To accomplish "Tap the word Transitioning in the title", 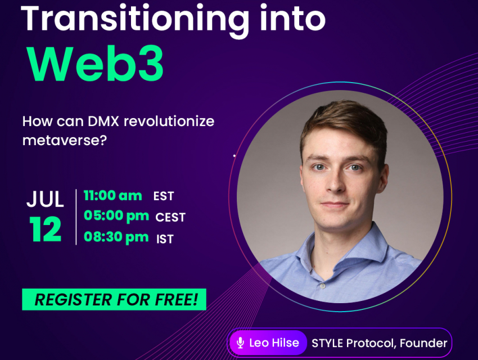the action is click(135, 20).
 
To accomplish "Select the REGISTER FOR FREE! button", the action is click(114, 299).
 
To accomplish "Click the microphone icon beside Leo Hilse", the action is click(240, 343).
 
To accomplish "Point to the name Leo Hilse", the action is click(274, 343).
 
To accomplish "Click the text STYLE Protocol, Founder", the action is click(379, 343).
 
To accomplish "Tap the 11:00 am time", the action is click(113, 196).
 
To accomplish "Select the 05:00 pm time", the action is click(116, 216).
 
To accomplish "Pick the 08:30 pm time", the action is click(116, 237).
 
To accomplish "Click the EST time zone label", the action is click(164, 196).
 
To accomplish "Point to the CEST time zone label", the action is click(170, 217).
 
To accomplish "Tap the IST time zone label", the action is click(165, 239).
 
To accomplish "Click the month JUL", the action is click(45, 199).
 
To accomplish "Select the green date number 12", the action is click(45, 229).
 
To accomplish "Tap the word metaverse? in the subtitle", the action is click(65, 140).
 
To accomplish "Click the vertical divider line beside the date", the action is click(76, 217).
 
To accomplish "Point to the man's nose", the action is click(335, 182).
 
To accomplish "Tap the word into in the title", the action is click(293, 20).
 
